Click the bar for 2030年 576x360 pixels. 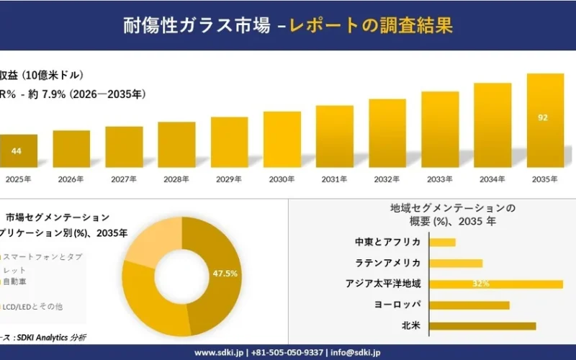[x=282, y=140]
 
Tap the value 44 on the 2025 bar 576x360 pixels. [x=17, y=151]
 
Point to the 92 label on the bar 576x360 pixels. [x=544, y=117]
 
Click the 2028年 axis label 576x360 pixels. [x=176, y=179]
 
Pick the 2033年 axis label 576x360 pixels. [x=440, y=179]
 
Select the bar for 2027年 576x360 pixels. [x=124, y=147]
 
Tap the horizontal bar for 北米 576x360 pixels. [x=482, y=326]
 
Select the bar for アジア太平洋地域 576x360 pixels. [x=496, y=284]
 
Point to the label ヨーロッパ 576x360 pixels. [x=397, y=305]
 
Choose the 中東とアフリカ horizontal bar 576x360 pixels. [x=442, y=242]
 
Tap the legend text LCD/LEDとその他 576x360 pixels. [x=32, y=307]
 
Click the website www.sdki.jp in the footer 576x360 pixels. [x=219, y=353]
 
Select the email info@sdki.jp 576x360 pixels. [x=356, y=353]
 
